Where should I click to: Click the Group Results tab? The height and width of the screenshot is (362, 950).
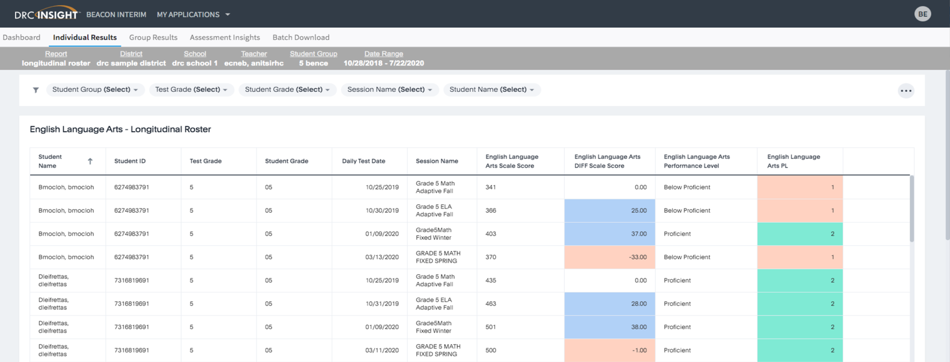[x=153, y=38]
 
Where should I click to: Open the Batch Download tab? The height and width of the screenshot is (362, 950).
[x=301, y=38]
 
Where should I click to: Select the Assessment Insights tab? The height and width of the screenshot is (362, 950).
[x=225, y=38]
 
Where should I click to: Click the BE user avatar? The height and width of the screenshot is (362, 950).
[x=922, y=14]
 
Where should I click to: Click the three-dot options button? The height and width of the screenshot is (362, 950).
[x=905, y=91]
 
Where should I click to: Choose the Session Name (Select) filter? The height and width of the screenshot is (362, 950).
[x=389, y=89]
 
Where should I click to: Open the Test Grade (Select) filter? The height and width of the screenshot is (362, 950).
[x=191, y=89]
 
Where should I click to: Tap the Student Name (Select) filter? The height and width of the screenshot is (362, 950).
[x=491, y=89]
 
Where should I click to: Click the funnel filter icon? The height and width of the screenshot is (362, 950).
[x=36, y=90]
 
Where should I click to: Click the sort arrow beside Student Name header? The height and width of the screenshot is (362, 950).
[x=90, y=161]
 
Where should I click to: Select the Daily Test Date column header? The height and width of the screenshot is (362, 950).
[x=363, y=161]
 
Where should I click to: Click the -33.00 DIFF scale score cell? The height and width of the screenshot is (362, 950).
[x=609, y=257]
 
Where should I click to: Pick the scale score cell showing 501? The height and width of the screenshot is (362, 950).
[x=491, y=327]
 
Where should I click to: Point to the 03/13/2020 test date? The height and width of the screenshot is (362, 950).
[x=382, y=257]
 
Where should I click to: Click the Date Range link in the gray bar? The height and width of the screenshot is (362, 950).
[x=383, y=54]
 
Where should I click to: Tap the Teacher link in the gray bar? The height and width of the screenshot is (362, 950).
[x=254, y=54]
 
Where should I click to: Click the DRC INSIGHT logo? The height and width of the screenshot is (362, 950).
[x=46, y=14]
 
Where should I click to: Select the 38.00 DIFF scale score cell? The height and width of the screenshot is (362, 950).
[x=609, y=327]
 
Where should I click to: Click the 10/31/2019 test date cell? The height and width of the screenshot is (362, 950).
[x=382, y=304]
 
